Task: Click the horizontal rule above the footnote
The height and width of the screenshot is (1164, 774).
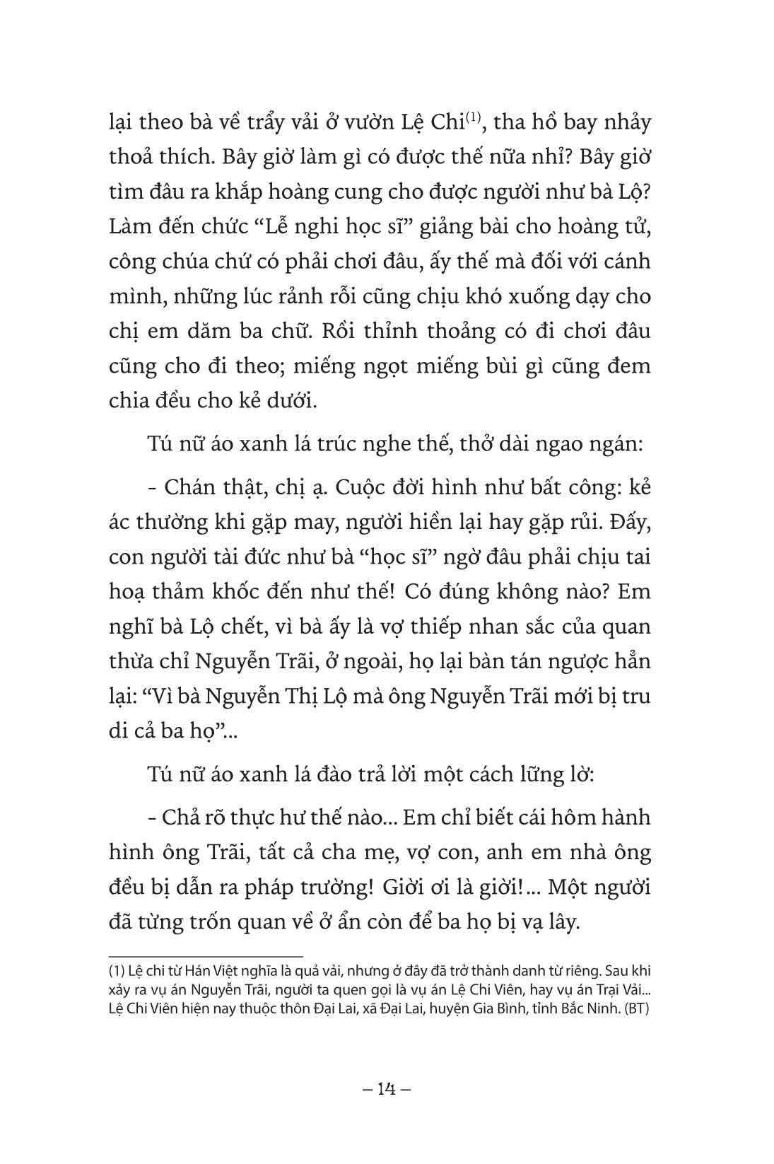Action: (x=206, y=954)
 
